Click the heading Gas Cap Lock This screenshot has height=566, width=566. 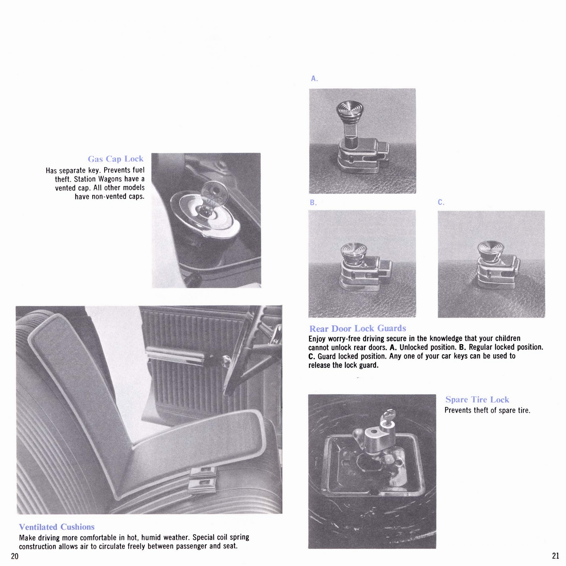pos(116,159)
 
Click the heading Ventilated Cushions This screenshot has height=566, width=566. pos(57,527)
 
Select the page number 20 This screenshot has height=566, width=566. pos(15,556)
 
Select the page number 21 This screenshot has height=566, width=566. pos(555,556)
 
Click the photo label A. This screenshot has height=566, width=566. pos(314,79)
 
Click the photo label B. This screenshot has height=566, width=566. pos(313,203)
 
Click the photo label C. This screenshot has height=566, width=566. pos(441,202)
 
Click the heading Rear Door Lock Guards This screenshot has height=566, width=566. pos(357,329)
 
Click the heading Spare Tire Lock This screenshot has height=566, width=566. pos(477,399)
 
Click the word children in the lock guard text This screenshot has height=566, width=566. pos(507,338)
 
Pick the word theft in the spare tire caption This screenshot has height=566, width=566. pos(479,410)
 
